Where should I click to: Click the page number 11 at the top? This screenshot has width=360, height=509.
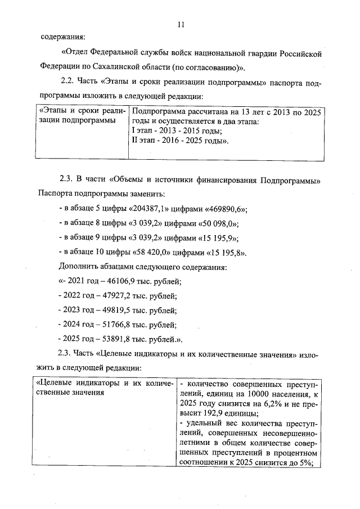coord(180,25)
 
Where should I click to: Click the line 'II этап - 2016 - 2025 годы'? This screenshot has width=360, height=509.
coord(180,140)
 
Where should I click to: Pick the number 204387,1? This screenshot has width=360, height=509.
coord(130,208)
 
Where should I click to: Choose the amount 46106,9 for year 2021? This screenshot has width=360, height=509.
coord(116,281)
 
